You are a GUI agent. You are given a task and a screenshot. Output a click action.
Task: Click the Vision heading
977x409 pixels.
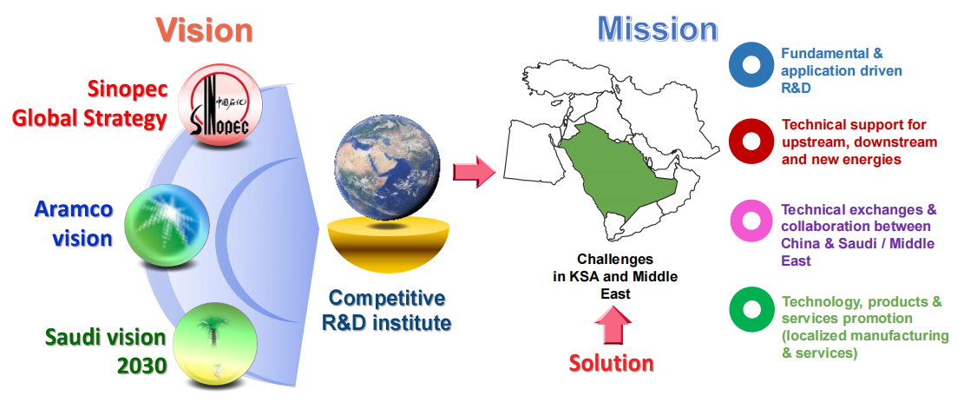tap(204, 30)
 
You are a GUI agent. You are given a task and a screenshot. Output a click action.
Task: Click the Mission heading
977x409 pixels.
tap(658, 29)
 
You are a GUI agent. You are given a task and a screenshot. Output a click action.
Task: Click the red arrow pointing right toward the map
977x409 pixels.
tap(474, 171)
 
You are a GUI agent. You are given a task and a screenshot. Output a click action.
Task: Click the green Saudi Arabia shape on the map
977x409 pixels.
tap(617, 175)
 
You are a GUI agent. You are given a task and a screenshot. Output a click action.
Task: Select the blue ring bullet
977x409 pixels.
tap(751, 64)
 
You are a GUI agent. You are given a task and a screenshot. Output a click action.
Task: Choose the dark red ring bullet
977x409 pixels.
tap(751, 142)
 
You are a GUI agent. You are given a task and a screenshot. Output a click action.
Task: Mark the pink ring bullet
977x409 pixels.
tap(751, 220)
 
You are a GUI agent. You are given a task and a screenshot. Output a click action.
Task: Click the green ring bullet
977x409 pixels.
tap(751, 308)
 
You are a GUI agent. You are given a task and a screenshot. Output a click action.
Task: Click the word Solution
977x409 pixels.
tap(612, 363)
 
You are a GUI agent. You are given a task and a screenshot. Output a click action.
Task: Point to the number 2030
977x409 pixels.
tap(142, 366)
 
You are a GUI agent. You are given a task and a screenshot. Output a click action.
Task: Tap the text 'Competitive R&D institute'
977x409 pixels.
tap(389, 310)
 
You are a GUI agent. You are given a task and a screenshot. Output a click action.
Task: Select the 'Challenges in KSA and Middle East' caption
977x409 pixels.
tap(615, 275)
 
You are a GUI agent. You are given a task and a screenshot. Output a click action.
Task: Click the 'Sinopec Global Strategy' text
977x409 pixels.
tap(89, 103)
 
